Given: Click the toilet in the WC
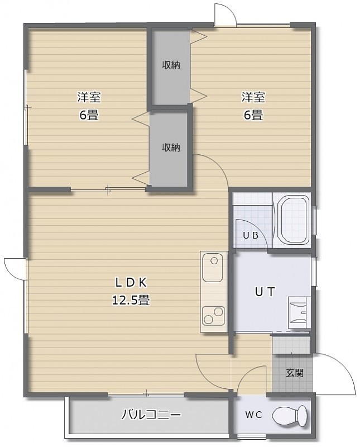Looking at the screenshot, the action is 290,415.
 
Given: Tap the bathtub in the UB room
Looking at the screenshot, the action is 295,220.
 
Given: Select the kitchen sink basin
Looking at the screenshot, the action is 212,268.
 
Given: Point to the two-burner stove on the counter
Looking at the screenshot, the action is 213,315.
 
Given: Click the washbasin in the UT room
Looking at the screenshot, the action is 299,313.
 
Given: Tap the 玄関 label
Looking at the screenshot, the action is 295,373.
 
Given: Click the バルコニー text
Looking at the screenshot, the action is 151,415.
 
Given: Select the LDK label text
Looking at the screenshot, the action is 131,283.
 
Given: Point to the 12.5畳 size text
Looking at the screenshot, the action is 131,300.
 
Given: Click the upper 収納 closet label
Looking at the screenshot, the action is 171,65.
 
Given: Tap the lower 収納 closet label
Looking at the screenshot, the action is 171,148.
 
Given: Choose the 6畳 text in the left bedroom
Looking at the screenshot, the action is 89,115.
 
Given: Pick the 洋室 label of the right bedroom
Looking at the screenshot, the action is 253,97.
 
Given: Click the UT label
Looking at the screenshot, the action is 265,292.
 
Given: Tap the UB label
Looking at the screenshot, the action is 251,235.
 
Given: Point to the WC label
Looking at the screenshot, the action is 253,415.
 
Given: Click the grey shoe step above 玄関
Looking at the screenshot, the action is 291,345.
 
